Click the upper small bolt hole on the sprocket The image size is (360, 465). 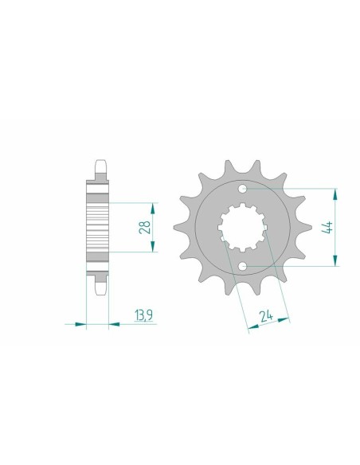pos(242,190)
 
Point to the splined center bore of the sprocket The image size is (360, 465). pos(241,228)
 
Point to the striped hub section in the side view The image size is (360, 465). pos(97,228)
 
